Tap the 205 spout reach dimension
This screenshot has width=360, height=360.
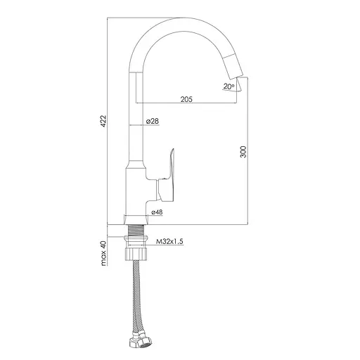[186, 100]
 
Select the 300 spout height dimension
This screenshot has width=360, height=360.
[244, 153]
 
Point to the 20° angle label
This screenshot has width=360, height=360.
[229, 86]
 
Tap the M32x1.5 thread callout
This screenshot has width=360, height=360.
[168, 241]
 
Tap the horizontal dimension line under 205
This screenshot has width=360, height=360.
[186, 105]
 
